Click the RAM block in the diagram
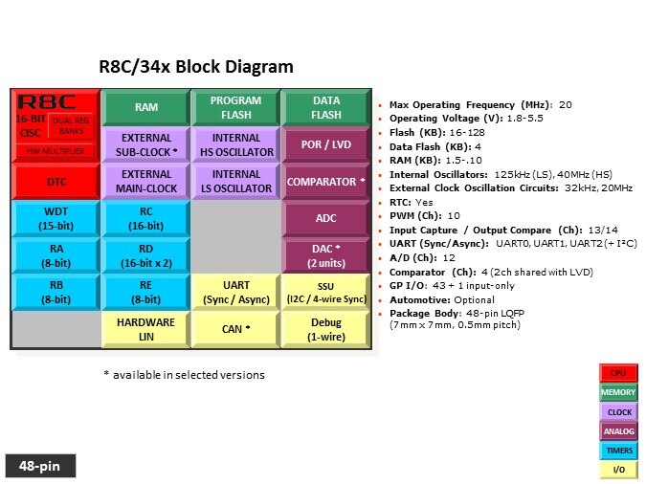coord(146,108)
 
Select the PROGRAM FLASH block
coord(235,107)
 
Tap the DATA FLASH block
coord(325,107)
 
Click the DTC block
coord(56,181)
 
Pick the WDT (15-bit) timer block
coord(56,218)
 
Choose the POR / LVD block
coord(325,144)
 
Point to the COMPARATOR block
coord(325,182)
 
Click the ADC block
coord(325,218)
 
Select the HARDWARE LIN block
coord(146,329)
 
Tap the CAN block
coord(235,330)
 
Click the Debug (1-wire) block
coord(325,329)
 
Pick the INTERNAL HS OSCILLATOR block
coord(235,144)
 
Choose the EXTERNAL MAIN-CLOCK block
coord(146,182)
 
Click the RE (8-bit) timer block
coord(146,292)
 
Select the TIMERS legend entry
coord(618,450)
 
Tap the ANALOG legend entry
coord(618,430)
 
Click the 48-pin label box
coord(39,466)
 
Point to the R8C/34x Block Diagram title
coord(196,67)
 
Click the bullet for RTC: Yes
coord(382,202)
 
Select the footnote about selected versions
coord(184,375)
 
